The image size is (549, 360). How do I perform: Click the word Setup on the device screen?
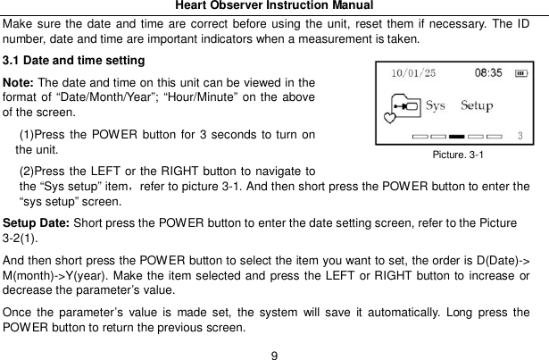click(477, 105)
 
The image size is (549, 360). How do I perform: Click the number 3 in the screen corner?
click(520, 137)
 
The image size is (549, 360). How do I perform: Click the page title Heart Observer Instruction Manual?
click(274, 6)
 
